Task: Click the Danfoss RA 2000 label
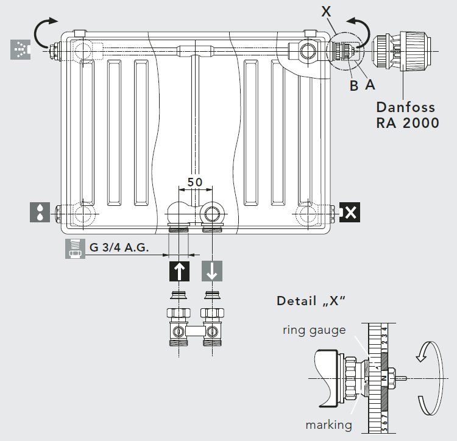(x=406, y=115)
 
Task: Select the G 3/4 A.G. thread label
(x=118, y=248)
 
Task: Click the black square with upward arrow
(x=179, y=272)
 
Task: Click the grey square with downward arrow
(x=212, y=272)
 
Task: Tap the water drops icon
(x=40, y=212)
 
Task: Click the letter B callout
(x=353, y=86)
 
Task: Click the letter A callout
(x=369, y=85)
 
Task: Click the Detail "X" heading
(x=310, y=301)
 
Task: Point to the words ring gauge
(x=314, y=330)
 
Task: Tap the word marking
(x=328, y=425)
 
